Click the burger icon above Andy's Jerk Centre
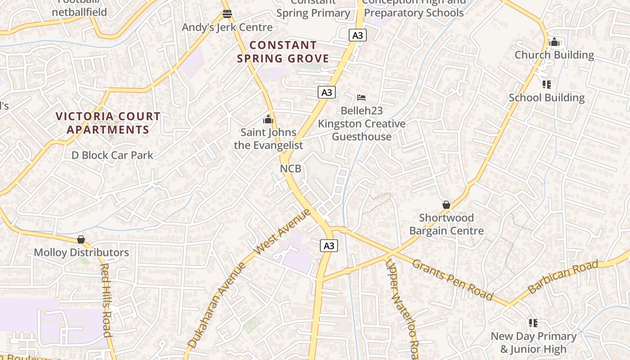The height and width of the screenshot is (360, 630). tap(227, 14)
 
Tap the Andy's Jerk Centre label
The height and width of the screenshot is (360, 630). tap(227, 27)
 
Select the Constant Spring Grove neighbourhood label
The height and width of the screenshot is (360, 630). tap(283, 52)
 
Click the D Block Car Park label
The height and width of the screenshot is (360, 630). tap(112, 155)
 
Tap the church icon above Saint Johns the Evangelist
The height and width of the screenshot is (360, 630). tap(269, 119)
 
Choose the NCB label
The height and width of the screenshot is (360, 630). tap(291, 168)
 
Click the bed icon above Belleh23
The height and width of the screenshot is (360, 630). tap(361, 97)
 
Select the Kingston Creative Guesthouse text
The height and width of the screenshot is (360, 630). tap(362, 130)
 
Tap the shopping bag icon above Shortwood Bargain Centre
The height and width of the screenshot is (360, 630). tap(446, 205)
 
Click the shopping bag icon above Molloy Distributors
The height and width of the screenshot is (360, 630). tap(81, 239)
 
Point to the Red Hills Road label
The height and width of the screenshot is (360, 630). tap(106, 299)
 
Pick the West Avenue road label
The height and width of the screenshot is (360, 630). tap(282, 231)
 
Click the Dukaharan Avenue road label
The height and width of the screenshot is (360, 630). tap(217, 306)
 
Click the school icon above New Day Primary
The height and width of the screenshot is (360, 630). tap(533, 323)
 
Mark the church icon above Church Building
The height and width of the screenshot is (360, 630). tap(554, 42)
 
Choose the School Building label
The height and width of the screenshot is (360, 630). tap(547, 98)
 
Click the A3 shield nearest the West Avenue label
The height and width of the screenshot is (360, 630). tap(329, 245)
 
